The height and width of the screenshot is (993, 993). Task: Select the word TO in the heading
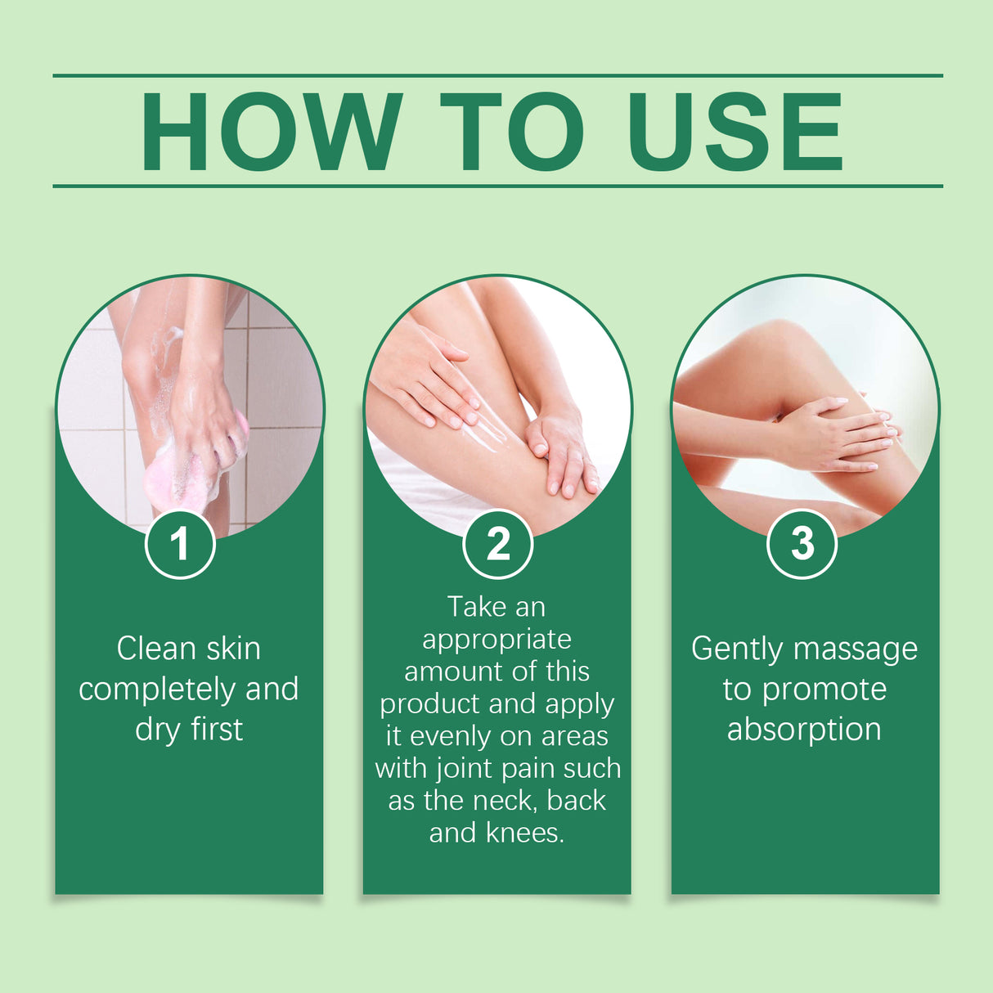click(x=512, y=132)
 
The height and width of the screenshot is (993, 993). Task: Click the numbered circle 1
click(x=180, y=544)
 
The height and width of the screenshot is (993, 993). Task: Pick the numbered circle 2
click(x=497, y=544)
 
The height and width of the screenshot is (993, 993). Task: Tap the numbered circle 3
click(x=802, y=544)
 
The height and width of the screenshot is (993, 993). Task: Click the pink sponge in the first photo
click(x=184, y=474)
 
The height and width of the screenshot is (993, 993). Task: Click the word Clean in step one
click(x=155, y=649)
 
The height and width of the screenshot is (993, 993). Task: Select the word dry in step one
click(x=158, y=730)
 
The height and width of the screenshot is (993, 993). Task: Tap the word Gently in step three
click(x=736, y=649)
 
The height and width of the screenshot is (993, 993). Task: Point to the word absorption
click(x=804, y=729)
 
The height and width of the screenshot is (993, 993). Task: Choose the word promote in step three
click(x=824, y=690)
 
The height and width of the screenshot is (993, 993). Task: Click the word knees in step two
click(x=523, y=833)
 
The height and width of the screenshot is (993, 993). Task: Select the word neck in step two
click(x=503, y=801)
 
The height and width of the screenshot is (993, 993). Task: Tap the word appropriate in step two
click(x=496, y=640)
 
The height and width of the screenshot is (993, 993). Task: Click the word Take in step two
click(x=476, y=607)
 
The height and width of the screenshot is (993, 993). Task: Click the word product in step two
click(x=429, y=704)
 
